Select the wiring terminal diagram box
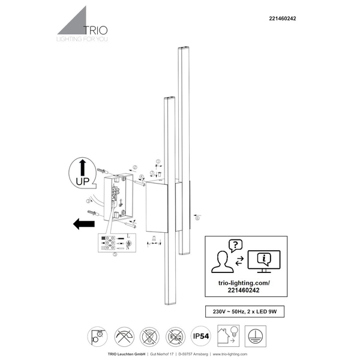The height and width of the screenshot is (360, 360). point(114,242)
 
